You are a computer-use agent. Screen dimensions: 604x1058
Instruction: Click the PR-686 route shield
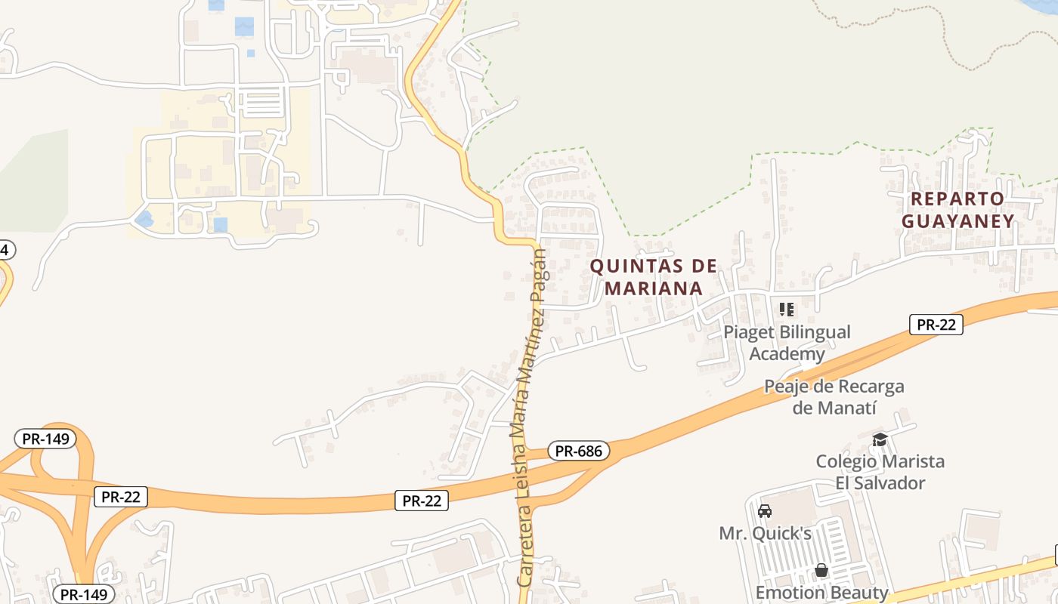pyautogui.click(x=578, y=451)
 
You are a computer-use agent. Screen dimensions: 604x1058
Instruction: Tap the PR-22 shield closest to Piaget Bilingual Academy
pyautogui.click(x=936, y=325)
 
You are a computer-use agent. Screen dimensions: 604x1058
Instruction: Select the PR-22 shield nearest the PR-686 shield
pyautogui.click(x=422, y=501)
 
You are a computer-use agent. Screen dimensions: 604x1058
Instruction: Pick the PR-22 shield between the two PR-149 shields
pyautogui.click(x=121, y=496)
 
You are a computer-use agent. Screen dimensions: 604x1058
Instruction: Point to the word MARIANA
pyautogui.click(x=653, y=288)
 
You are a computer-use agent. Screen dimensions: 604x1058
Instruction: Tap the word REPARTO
pyautogui.click(x=957, y=199)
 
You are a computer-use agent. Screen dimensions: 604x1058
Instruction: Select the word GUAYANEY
pyautogui.click(x=957, y=220)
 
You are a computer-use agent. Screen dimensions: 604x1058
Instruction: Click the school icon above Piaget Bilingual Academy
pyautogui.click(x=787, y=310)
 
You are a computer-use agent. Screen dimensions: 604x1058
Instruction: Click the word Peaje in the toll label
pyautogui.click(x=788, y=387)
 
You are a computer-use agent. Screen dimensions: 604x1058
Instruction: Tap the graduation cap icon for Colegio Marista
pyautogui.click(x=880, y=439)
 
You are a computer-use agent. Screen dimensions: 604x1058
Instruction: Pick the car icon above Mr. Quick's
pyautogui.click(x=765, y=511)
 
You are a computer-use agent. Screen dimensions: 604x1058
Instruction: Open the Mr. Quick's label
pyautogui.click(x=765, y=533)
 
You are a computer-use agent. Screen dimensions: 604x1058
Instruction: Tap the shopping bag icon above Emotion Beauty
pyautogui.click(x=821, y=570)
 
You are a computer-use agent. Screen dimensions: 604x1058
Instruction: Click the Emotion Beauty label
pyautogui.click(x=821, y=592)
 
